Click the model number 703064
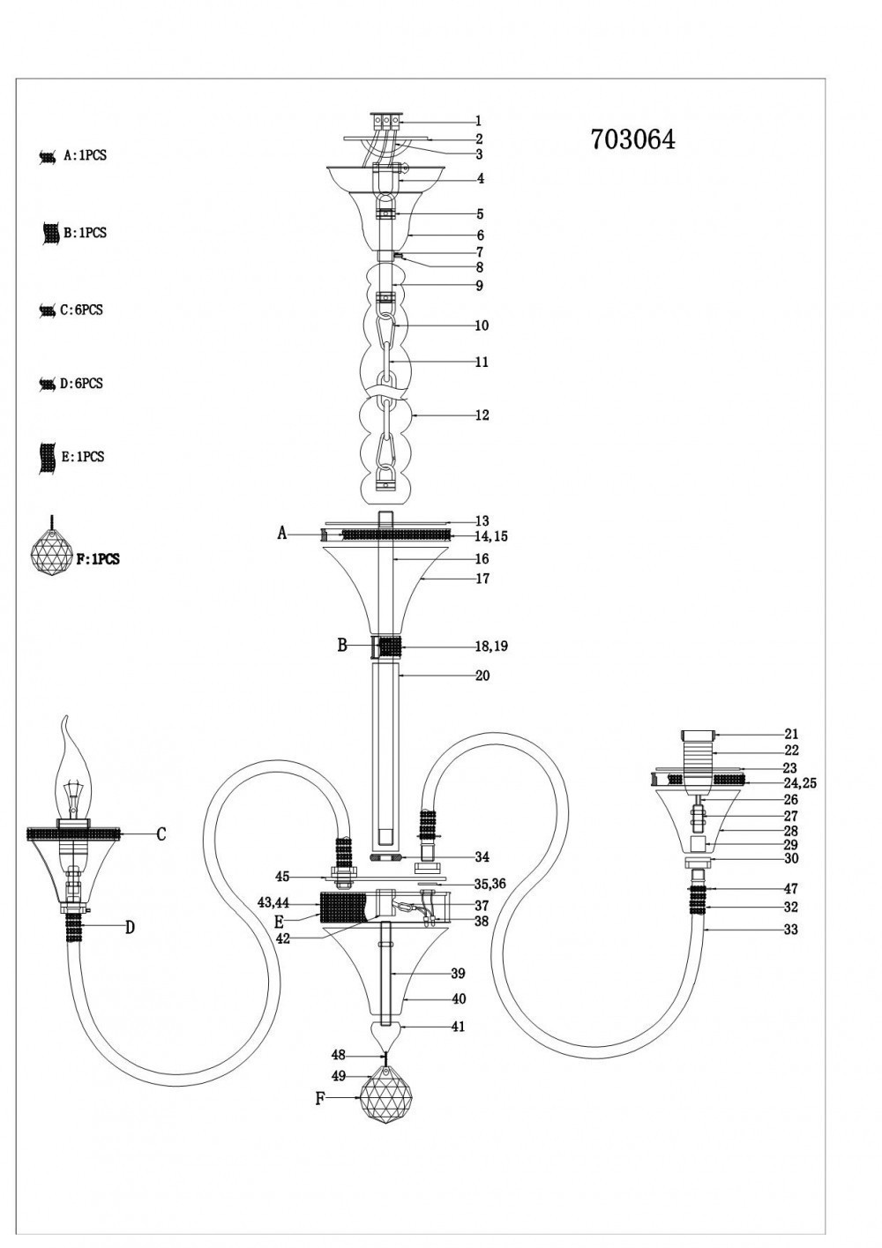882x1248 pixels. pyautogui.click(x=632, y=139)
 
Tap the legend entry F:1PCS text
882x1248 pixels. pyautogui.click(x=98, y=559)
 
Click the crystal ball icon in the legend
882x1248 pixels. pyautogui.click(x=52, y=554)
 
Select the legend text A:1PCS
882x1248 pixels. pyautogui.click(x=85, y=155)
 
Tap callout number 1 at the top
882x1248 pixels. pyautogui.click(x=478, y=122)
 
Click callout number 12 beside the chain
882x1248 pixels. pyautogui.click(x=482, y=415)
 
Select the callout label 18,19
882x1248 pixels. pyautogui.click(x=491, y=646)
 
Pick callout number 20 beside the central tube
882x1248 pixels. pyautogui.click(x=482, y=676)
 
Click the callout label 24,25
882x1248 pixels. pyautogui.click(x=800, y=783)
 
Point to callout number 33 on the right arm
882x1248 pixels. pyautogui.click(x=790, y=930)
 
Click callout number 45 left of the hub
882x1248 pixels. pyautogui.click(x=282, y=877)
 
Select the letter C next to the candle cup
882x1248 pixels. pyautogui.click(x=161, y=834)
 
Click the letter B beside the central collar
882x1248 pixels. pyautogui.click(x=342, y=646)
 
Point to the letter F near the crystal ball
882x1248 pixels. pyautogui.click(x=320, y=1099)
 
